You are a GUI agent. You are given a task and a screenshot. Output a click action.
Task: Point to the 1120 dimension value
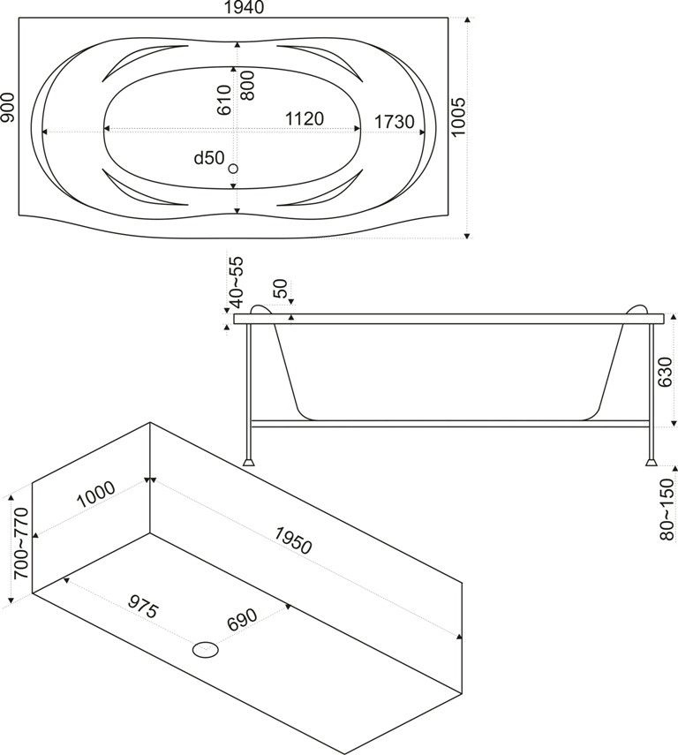(304, 119)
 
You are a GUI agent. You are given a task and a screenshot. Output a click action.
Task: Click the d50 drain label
(209, 158)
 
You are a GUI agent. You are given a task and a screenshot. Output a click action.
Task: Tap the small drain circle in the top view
(234, 168)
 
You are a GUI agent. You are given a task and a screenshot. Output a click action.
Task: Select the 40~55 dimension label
(236, 283)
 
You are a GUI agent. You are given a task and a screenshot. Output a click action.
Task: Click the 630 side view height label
(667, 372)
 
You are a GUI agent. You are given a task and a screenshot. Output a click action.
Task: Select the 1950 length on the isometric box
(292, 540)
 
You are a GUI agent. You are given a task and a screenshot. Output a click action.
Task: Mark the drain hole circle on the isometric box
(207, 650)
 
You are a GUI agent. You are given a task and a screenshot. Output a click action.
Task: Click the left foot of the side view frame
(251, 460)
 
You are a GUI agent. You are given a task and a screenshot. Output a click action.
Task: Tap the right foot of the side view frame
(651, 460)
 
